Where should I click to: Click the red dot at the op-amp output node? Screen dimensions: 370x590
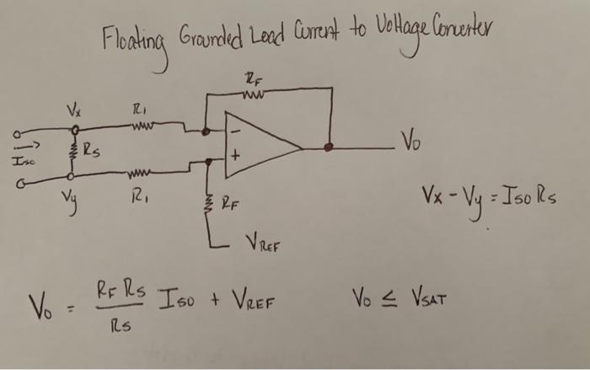coord(330,147)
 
